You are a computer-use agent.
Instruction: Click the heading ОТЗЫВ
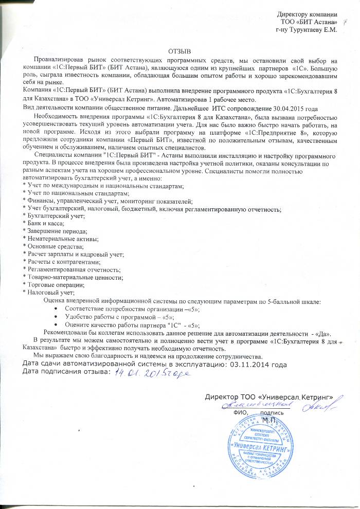tap(179, 51)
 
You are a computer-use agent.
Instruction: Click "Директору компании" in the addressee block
tap(307, 14)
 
